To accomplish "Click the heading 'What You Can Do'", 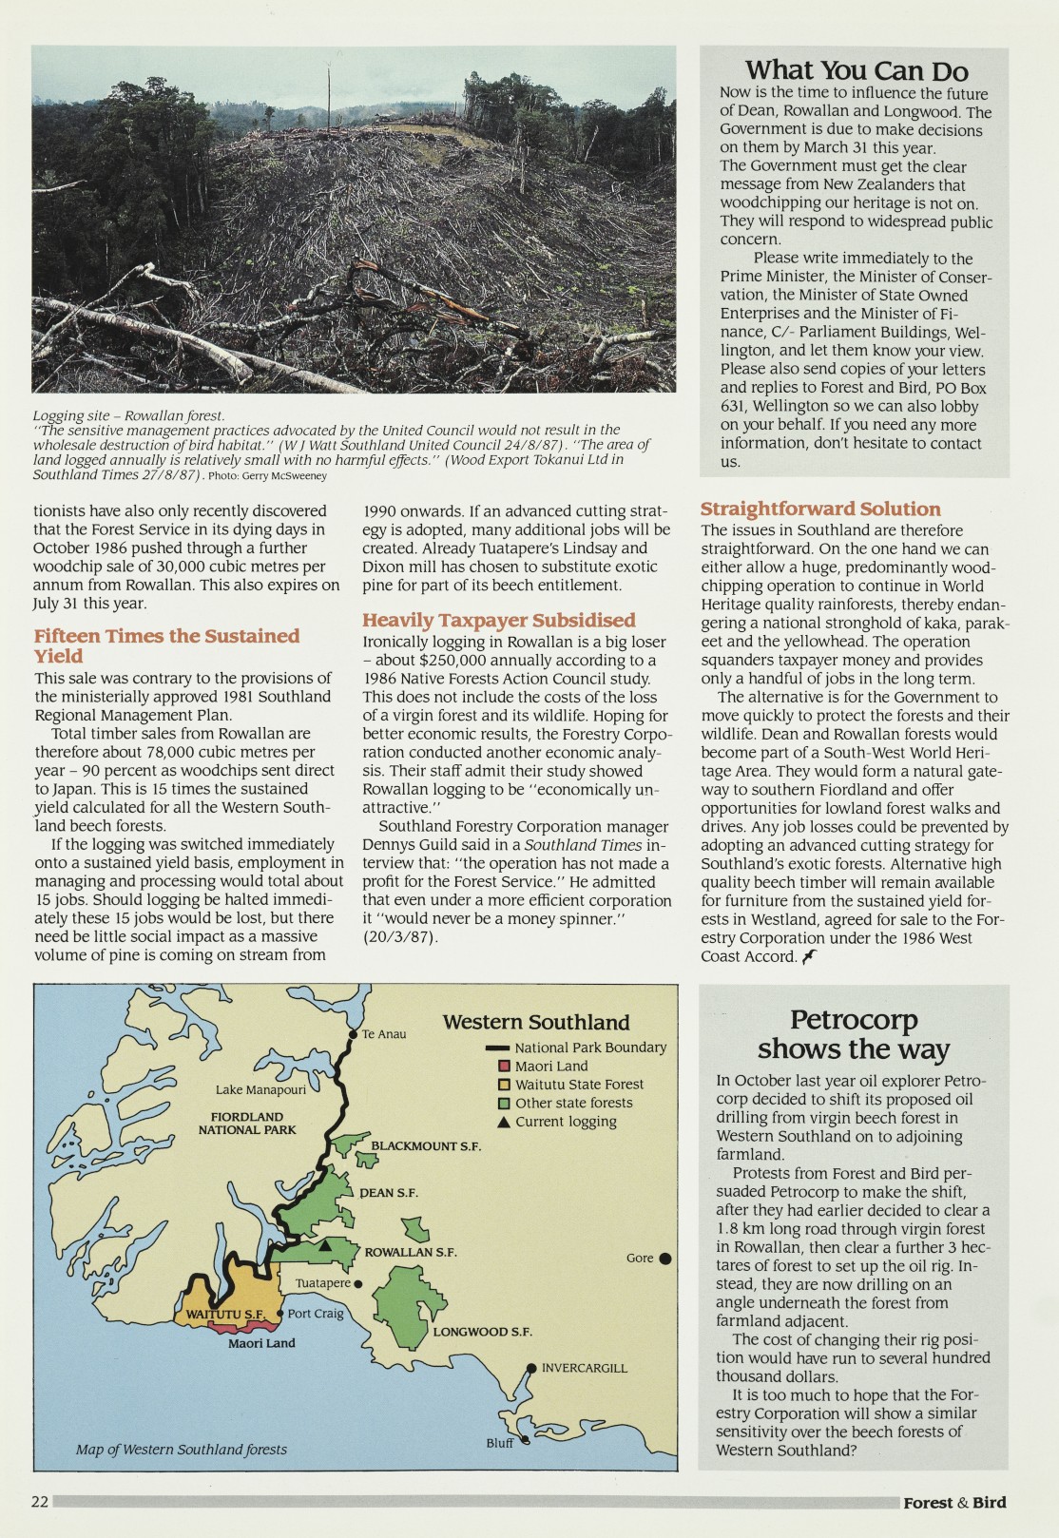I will pyautogui.click(x=856, y=70).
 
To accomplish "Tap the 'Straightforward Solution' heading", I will pyautogui.click(x=820, y=509).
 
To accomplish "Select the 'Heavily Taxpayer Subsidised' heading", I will pyautogui.click(x=498, y=621).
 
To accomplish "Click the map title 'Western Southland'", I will pyautogui.click(x=536, y=1022).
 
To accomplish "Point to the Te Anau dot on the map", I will pyautogui.click(x=354, y=1034).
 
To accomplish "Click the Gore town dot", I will pyautogui.click(x=665, y=1259).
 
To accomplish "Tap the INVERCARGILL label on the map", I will pyautogui.click(x=584, y=1368).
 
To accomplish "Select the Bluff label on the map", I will pyautogui.click(x=499, y=1443).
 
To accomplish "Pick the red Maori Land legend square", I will pyautogui.click(x=505, y=1067).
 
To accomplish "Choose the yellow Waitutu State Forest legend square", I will pyautogui.click(x=505, y=1085).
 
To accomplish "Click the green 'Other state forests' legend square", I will pyautogui.click(x=505, y=1104).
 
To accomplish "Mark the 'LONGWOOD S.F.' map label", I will pyautogui.click(x=482, y=1332).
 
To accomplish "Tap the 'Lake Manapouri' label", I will pyautogui.click(x=260, y=1090).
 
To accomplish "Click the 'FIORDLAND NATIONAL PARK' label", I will pyautogui.click(x=247, y=1123).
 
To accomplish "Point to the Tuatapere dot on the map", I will pyautogui.click(x=358, y=1284).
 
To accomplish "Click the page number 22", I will pyautogui.click(x=40, y=1502).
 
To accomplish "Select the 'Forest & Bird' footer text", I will pyautogui.click(x=953, y=1503).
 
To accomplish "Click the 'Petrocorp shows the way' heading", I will pyautogui.click(x=853, y=1034).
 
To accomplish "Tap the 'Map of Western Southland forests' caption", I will pyautogui.click(x=182, y=1450).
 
